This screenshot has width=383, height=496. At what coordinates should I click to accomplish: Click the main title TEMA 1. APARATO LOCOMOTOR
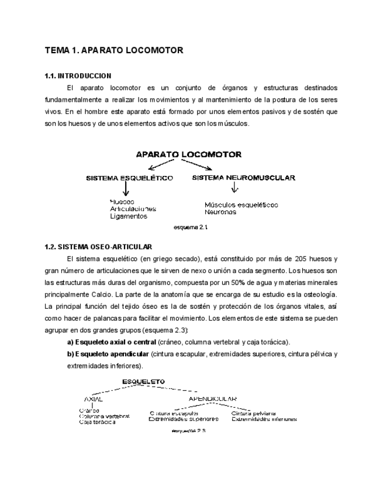click(x=114, y=51)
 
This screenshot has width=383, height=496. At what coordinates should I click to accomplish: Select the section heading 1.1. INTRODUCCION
click(x=78, y=77)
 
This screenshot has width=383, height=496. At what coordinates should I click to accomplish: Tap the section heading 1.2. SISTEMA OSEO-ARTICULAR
click(x=98, y=247)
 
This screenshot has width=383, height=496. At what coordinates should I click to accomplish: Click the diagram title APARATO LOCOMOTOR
click(x=188, y=155)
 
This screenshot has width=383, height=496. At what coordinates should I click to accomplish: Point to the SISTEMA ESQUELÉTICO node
click(x=129, y=178)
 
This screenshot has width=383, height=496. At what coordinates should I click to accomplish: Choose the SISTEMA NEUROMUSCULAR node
click(x=243, y=177)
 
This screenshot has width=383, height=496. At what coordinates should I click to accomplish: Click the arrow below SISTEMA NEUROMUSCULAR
click(x=234, y=188)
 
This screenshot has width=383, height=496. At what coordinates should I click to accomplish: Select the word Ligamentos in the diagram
click(x=128, y=216)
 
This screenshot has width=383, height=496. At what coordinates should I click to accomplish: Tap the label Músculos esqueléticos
click(x=241, y=205)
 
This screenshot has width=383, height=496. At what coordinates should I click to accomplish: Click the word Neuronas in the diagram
click(x=220, y=212)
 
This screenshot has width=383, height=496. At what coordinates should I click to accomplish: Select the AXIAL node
click(x=94, y=399)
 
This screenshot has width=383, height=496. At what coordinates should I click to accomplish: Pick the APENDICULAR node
click(x=212, y=399)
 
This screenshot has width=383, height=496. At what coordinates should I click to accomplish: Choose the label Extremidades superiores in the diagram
click(x=184, y=419)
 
